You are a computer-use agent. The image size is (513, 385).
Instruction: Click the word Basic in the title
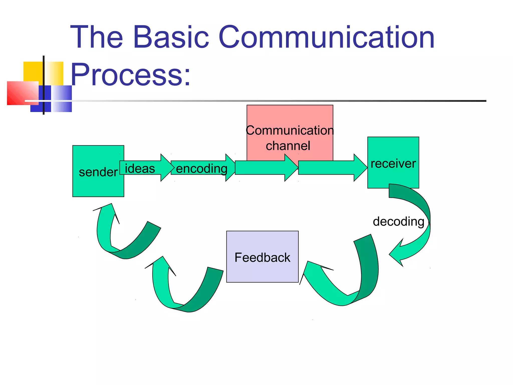point(171,37)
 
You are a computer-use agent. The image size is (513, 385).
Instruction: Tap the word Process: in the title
point(130,75)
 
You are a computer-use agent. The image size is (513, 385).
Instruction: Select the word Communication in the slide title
point(326,37)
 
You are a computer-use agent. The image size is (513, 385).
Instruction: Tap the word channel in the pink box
point(288,146)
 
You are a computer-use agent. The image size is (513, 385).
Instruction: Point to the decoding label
point(398,222)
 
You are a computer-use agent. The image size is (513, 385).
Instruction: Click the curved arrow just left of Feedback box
point(185,293)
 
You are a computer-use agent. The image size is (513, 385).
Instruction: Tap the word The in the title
point(96,37)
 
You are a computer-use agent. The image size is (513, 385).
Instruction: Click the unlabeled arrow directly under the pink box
point(266,167)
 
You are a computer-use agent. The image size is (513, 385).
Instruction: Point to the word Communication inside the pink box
point(290,130)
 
